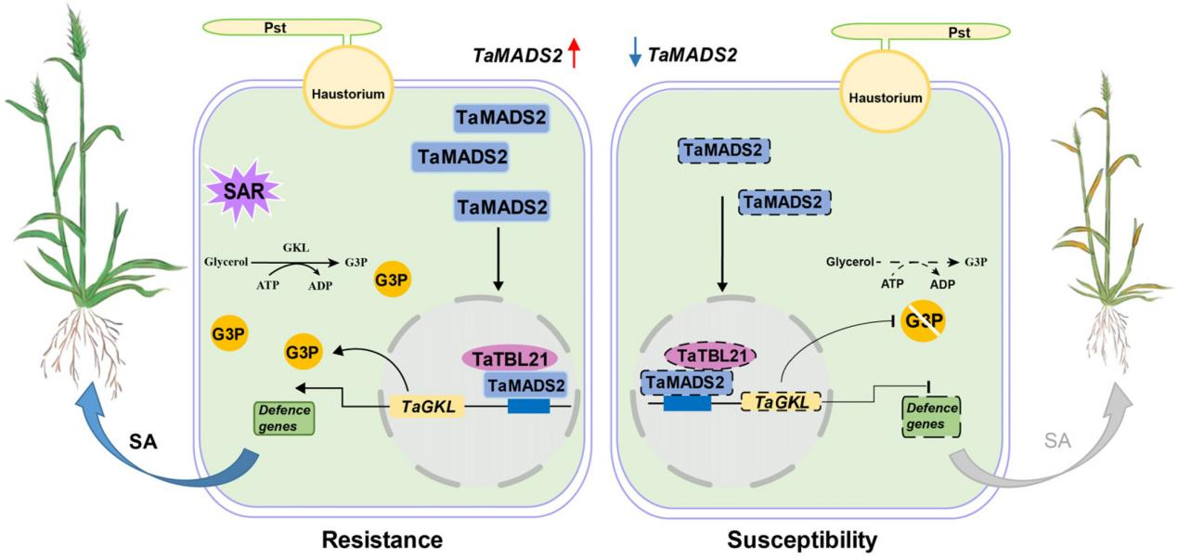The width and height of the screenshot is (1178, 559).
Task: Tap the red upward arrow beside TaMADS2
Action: pyautogui.click(x=574, y=53)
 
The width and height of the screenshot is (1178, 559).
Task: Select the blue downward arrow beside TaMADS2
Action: pyautogui.click(x=635, y=53)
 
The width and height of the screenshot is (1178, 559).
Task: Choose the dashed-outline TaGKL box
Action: pyautogui.click(x=780, y=401)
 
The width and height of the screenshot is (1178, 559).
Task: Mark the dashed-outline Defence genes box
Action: pyautogui.click(x=931, y=417)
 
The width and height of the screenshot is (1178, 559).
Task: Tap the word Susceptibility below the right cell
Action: pyautogui.click(x=801, y=539)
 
